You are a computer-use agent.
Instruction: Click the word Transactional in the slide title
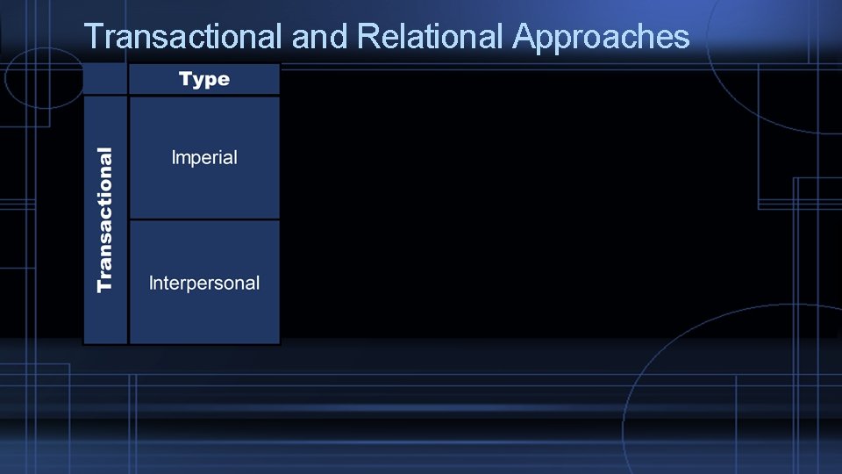pyautogui.click(x=182, y=37)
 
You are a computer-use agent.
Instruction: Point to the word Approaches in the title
pyautogui.click(x=601, y=37)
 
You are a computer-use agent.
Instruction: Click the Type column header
pyautogui.click(x=203, y=80)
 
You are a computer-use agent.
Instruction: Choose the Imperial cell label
pyautogui.click(x=204, y=158)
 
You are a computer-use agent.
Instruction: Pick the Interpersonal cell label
pyautogui.click(x=204, y=283)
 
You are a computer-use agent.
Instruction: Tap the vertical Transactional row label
pyautogui.click(x=105, y=219)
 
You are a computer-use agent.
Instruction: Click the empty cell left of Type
pyautogui.click(x=105, y=80)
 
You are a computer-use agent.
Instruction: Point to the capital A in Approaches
pyautogui.click(x=524, y=37)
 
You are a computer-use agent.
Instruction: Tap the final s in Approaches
pyautogui.click(x=682, y=38)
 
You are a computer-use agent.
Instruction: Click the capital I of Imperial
pyautogui.click(x=174, y=158)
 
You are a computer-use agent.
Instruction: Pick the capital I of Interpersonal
pyautogui.click(x=151, y=283)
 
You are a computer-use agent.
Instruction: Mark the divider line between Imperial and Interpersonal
pyautogui.click(x=204, y=219)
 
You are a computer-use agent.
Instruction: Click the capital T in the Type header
pyautogui.click(x=184, y=80)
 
